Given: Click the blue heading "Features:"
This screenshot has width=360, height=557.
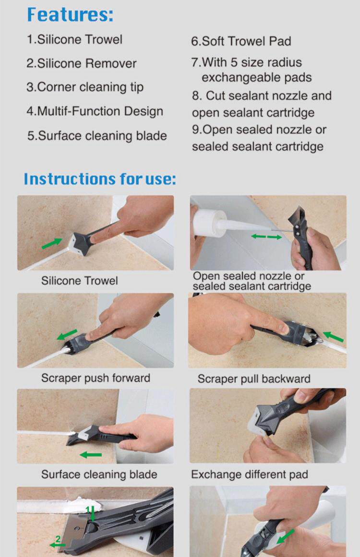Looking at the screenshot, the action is (x=71, y=14).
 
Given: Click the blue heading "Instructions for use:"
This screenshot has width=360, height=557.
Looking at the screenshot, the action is (x=100, y=178).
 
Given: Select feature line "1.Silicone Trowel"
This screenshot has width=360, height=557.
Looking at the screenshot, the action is (x=74, y=39).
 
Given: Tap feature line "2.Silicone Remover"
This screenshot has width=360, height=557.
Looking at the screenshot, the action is (x=82, y=63).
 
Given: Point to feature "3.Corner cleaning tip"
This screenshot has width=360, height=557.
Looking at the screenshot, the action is (x=85, y=87).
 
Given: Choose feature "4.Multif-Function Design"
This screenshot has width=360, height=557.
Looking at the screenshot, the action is (x=95, y=111).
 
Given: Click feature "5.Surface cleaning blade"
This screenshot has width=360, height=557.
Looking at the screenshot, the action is (x=97, y=136).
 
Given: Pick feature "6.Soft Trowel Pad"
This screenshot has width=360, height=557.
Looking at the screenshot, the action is (x=241, y=41).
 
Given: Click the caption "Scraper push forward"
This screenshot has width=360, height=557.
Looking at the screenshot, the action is (x=96, y=378).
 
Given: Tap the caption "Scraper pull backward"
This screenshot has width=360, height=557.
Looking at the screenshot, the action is (x=254, y=379).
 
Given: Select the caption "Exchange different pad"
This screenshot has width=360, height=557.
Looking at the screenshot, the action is (x=250, y=474).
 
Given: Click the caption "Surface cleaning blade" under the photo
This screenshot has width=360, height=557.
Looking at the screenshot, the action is (x=99, y=474).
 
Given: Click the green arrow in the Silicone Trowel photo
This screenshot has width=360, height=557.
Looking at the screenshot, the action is (x=52, y=243).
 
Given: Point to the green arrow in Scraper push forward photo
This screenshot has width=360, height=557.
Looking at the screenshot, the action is (x=67, y=334).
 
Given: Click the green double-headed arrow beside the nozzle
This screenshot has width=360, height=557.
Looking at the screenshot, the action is (x=266, y=236).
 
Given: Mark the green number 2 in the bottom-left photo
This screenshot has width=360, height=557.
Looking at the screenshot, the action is (x=58, y=540).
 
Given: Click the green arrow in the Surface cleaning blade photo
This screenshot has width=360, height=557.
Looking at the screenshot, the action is (x=91, y=455).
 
